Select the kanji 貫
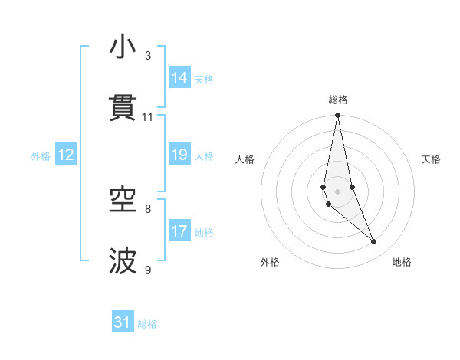click(x=123, y=108)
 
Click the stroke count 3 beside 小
click(x=148, y=56)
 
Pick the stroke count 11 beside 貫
click(x=148, y=117)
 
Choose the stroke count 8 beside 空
click(x=148, y=208)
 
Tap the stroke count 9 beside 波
click(x=148, y=270)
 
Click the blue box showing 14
click(x=179, y=78)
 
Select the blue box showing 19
click(x=179, y=155)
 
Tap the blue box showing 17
click(x=179, y=231)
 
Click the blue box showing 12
click(x=66, y=155)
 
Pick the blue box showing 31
click(x=123, y=322)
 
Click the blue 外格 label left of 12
click(x=41, y=156)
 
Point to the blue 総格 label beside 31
click(x=147, y=324)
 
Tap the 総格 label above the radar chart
click(x=338, y=100)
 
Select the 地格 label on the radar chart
click(x=402, y=262)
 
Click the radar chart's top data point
click(x=337, y=116)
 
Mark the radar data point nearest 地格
click(x=373, y=242)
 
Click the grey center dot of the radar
click(x=337, y=191)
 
